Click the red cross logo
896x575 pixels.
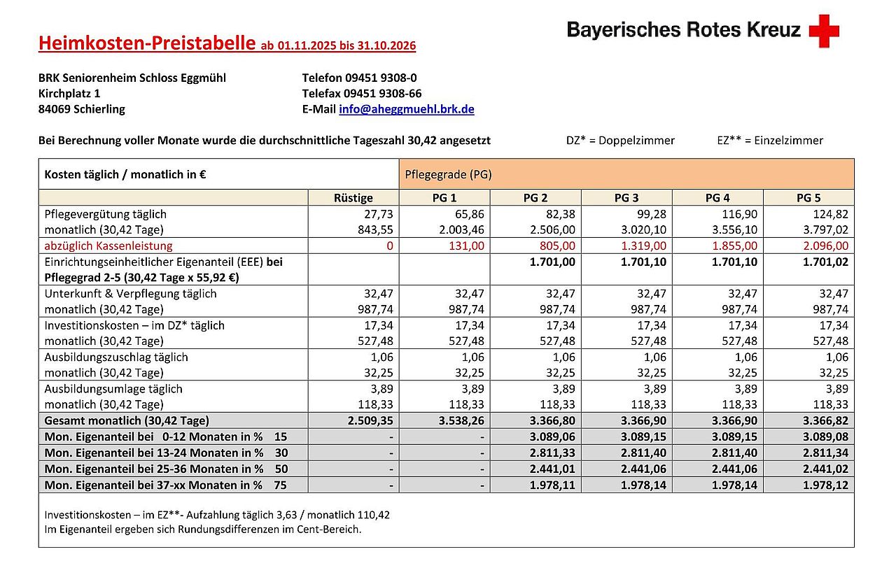pos(824,31)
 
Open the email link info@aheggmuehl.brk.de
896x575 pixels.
pos(407,109)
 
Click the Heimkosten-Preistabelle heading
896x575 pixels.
pos(147,44)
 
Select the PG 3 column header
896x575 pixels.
pos(626,198)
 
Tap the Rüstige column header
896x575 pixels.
pos(353,198)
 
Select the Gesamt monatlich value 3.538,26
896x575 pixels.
pos(460,420)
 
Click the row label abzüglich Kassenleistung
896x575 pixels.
pos(108,246)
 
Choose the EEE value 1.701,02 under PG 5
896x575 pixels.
pos(825,262)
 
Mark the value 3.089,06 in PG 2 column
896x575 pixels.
pos(552,436)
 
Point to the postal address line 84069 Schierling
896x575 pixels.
pos(82,109)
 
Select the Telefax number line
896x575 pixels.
pos(362,93)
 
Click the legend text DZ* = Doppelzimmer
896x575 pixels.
pos(620,141)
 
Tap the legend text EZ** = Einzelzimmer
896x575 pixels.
pos(770,141)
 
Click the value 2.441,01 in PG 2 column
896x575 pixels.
pos(552,469)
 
